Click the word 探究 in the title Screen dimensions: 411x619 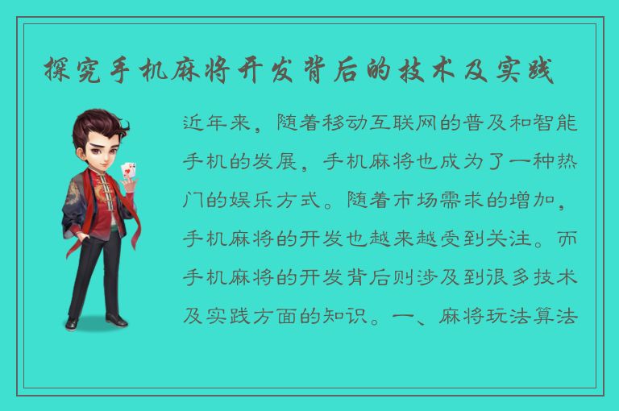(x=69, y=72)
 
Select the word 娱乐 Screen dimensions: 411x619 (x=239, y=201)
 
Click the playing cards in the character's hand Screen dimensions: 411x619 (x=127, y=172)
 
